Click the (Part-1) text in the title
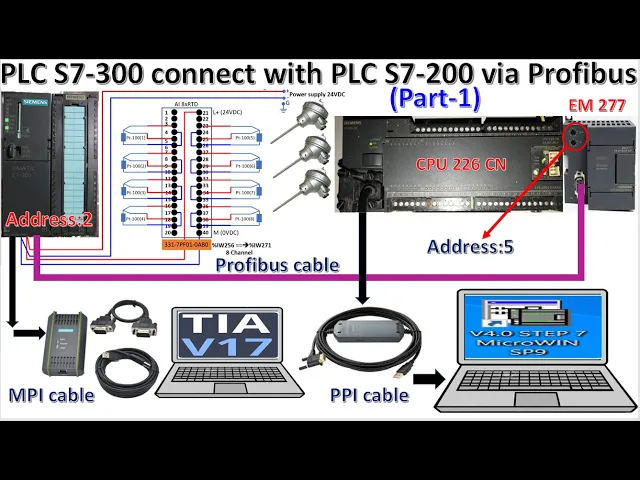pyautogui.click(x=434, y=99)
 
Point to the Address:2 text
pyautogui.click(x=49, y=220)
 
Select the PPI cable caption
pyautogui.click(x=369, y=395)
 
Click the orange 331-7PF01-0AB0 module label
pyautogui.click(x=185, y=244)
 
